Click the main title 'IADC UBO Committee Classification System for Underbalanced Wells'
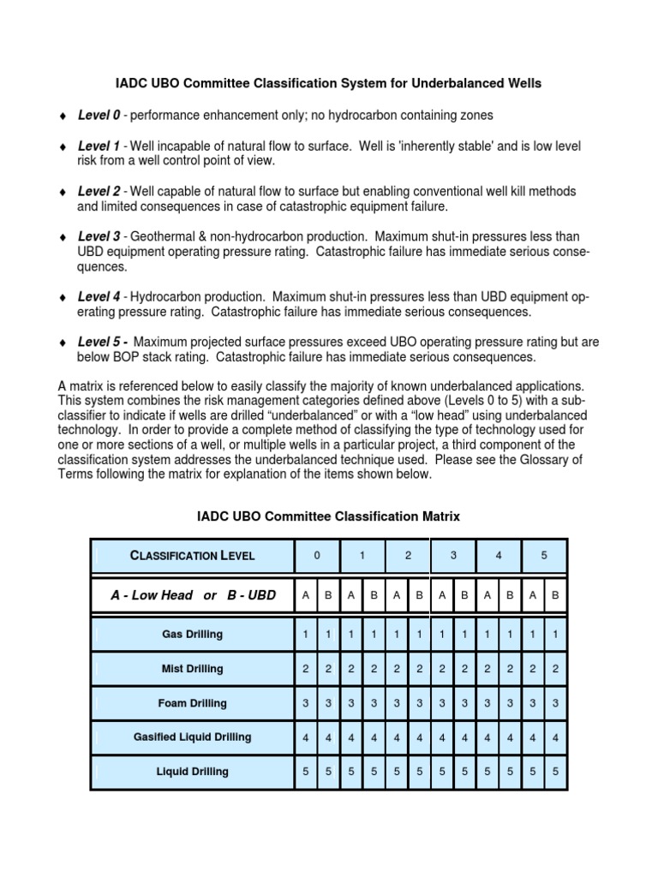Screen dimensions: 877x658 [x=328, y=83]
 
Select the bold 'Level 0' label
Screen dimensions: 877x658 [x=99, y=115]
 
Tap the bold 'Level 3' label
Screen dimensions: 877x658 [x=99, y=236]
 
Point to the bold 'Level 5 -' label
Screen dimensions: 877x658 [x=103, y=342]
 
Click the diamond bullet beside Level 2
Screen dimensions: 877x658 [x=62, y=192]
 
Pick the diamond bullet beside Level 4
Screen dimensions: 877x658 [x=62, y=297]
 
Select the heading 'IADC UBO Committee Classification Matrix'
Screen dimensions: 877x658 [x=328, y=516]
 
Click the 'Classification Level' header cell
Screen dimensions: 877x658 [x=192, y=555]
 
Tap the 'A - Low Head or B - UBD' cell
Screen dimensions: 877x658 [x=192, y=594]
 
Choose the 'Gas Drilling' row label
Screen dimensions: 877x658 [x=192, y=635]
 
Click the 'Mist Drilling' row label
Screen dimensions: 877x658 [x=192, y=669]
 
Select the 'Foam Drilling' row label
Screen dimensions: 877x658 [x=192, y=703]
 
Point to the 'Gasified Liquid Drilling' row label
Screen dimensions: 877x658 [x=192, y=737]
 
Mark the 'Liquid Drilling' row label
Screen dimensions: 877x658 [x=192, y=772]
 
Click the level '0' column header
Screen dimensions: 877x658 [x=317, y=555]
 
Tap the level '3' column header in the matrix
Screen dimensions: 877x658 [x=453, y=555]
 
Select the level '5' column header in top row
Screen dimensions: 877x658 [x=544, y=555]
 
